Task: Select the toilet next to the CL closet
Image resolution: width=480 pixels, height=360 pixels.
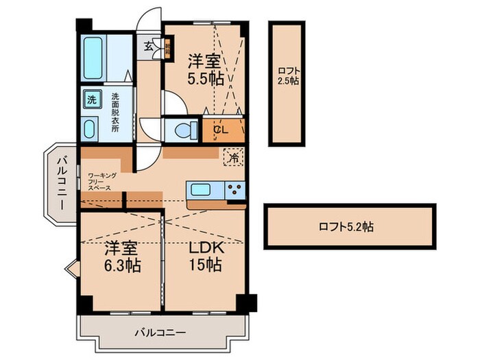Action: click(x=182, y=129)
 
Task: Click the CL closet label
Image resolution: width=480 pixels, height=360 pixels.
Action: click(x=220, y=129)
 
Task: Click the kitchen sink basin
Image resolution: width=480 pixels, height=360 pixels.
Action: click(x=202, y=190)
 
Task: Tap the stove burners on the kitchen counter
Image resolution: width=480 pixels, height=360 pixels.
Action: click(x=234, y=191)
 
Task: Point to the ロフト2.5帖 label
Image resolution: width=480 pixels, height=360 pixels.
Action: click(x=287, y=75)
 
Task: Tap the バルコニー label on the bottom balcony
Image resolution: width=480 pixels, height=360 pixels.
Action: click(x=159, y=333)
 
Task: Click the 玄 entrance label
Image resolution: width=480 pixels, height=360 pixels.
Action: click(x=149, y=47)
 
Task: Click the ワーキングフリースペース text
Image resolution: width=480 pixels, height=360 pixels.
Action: click(x=102, y=182)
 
